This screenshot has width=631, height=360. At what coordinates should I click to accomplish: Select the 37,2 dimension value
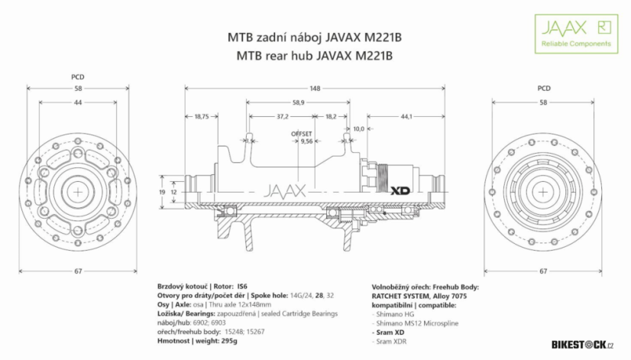pyautogui.click(x=282, y=116)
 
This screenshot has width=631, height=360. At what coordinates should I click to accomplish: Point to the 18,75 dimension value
pyautogui.click(x=202, y=116)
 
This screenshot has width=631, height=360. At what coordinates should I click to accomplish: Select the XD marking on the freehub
pyautogui.click(x=403, y=190)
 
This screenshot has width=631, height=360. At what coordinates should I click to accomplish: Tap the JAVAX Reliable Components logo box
pyautogui.click(x=575, y=33)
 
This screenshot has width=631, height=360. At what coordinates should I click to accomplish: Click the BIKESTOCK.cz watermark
pyautogui.click(x=582, y=346)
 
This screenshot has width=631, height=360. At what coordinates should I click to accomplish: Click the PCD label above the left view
pyautogui.click(x=77, y=76)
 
